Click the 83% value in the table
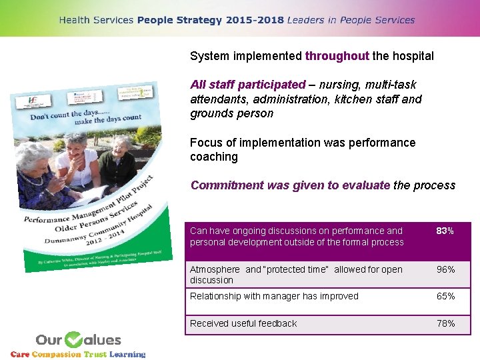(445, 231)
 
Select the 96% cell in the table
(445, 269)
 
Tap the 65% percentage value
(445, 296)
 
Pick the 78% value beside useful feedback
(445, 323)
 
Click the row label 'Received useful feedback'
(243, 323)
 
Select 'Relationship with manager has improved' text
(274, 296)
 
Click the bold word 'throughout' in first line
(337, 56)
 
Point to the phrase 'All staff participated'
(247, 85)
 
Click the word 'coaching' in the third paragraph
(214, 157)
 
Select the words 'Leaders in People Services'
(351, 20)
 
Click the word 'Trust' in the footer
(95, 354)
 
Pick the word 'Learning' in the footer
(127, 354)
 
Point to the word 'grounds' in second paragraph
(209, 113)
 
